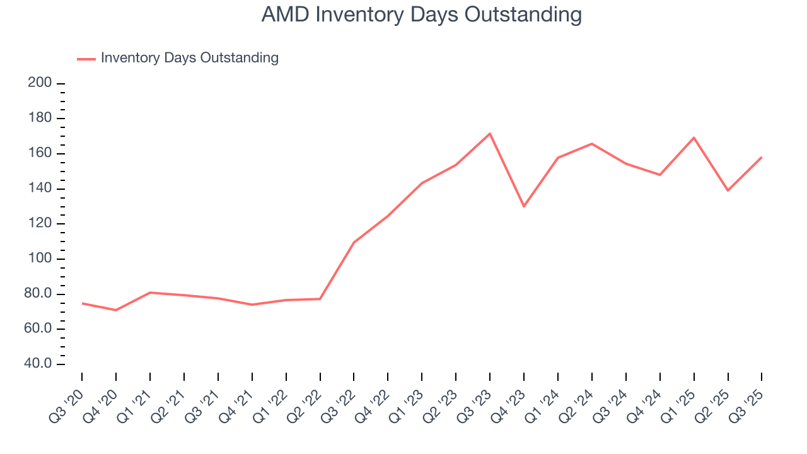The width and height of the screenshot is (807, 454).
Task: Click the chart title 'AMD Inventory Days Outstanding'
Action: [x=421, y=15]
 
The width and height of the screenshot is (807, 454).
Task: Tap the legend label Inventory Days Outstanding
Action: [x=189, y=58]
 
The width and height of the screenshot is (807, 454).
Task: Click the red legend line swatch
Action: [x=86, y=59]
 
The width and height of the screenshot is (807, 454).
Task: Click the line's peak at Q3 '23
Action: [x=490, y=134]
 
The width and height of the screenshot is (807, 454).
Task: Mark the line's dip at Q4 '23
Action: [x=524, y=206]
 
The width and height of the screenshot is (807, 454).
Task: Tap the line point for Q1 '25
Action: [x=694, y=137]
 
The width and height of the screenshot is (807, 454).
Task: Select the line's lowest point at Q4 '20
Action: [x=116, y=310]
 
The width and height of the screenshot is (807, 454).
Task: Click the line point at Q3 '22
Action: [x=354, y=243]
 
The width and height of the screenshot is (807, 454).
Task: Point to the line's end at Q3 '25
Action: [x=762, y=157]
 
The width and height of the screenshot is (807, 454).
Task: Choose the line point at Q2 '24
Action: [x=591, y=144]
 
